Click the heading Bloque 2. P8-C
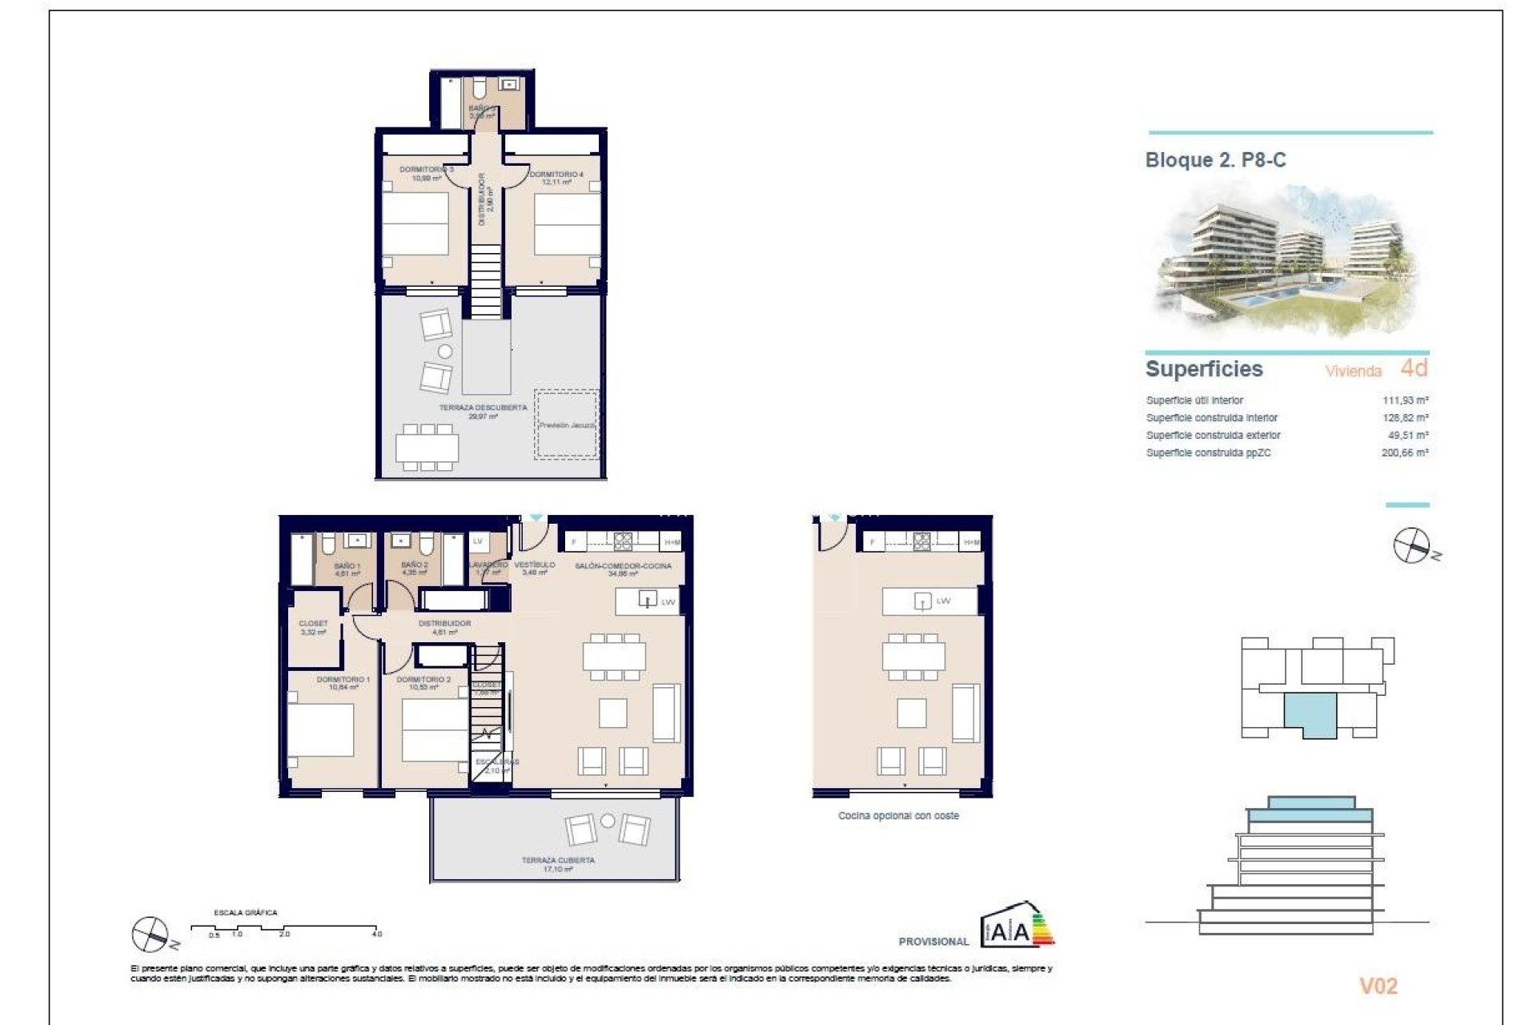click(1215, 160)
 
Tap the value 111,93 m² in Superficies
click(1405, 400)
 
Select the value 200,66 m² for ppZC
click(1405, 453)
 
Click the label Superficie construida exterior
click(1213, 436)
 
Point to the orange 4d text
click(1414, 368)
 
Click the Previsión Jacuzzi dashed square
click(567, 424)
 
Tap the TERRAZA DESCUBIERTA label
click(483, 408)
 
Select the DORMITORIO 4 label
click(556, 175)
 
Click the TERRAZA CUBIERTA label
click(558, 861)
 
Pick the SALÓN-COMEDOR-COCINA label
click(623, 566)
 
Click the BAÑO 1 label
click(347, 566)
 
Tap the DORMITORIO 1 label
click(343, 680)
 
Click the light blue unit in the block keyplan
click(1310, 713)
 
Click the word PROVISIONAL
click(933, 942)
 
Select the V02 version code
click(1378, 986)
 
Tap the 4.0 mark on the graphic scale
click(377, 934)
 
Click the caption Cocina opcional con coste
click(898, 816)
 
